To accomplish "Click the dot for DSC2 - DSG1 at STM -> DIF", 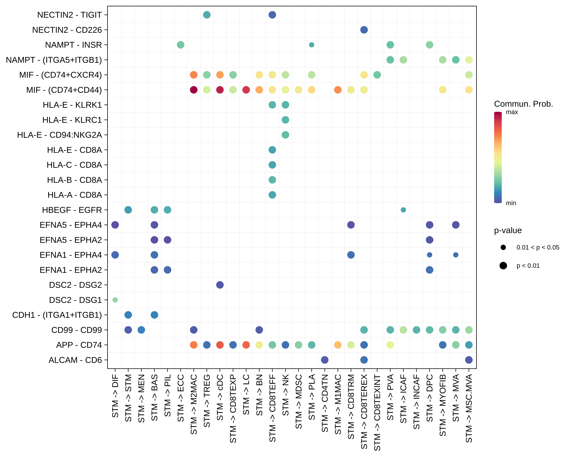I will (115, 300).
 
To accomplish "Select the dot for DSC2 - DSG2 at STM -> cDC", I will (220, 285).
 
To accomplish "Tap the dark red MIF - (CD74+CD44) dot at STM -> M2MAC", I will (194, 90).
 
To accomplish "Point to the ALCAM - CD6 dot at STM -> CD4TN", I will (325, 360).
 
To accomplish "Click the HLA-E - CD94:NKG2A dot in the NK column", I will (285, 135).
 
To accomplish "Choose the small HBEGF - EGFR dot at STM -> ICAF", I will (403, 210).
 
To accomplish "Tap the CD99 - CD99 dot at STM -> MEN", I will (141, 330).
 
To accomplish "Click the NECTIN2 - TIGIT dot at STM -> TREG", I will (207, 15).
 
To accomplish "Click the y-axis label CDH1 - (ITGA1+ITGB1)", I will (57, 315).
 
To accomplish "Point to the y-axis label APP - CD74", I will (79, 345).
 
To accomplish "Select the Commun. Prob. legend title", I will (523, 104).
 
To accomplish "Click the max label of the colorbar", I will (512, 112).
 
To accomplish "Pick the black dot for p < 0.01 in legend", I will (503, 266).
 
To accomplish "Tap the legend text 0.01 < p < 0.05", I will (538, 247).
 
